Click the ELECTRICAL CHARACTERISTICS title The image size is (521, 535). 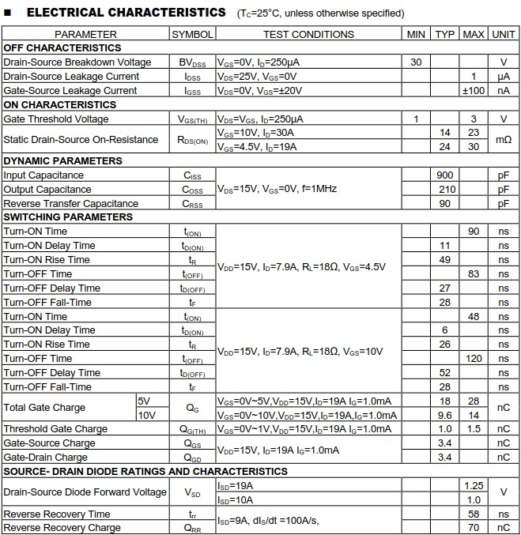(x=126, y=13)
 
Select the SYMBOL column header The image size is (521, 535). (x=192, y=34)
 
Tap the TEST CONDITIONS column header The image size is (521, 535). (x=308, y=34)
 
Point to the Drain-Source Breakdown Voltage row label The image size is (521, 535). (x=77, y=62)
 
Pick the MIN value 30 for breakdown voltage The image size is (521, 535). (x=416, y=62)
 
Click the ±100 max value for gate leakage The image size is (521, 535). (x=473, y=91)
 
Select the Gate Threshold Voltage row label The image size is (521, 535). (x=55, y=119)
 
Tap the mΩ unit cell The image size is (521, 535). (x=503, y=140)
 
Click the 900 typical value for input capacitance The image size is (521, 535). (x=444, y=175)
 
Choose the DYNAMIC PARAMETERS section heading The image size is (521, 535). (x=63, y=161)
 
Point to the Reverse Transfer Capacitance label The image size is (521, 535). (x=70, y=204)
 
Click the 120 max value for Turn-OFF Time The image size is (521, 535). (x=474, y=359)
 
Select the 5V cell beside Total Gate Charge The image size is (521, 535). (x=143, y=401)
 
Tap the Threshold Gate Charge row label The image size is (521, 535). (x=55, y=429)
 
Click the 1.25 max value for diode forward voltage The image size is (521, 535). (x=474, y=485)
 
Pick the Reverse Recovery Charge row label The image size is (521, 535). (x=62, y=528)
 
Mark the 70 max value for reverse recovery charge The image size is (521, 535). (x=474, y=528)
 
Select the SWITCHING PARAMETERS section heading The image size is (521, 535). (x=68, y=217)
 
